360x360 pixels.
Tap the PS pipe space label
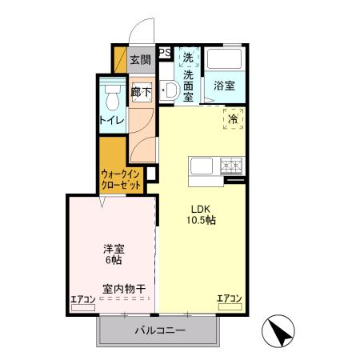tap(165, 54)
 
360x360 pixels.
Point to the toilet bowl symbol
tap(112, 97)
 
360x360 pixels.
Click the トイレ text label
tap(111, 120)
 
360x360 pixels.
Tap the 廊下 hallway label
tap(141, 92)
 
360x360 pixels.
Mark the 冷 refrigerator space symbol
tap(233, 118)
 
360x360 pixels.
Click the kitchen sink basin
tap(200, 166)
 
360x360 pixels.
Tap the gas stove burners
tap(232, 166)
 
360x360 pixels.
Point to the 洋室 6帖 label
tap(112, 254)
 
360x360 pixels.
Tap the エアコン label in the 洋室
tap(83, 300)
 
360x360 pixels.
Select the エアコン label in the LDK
tap(230, 299)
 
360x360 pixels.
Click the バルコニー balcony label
tap(159, 330)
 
